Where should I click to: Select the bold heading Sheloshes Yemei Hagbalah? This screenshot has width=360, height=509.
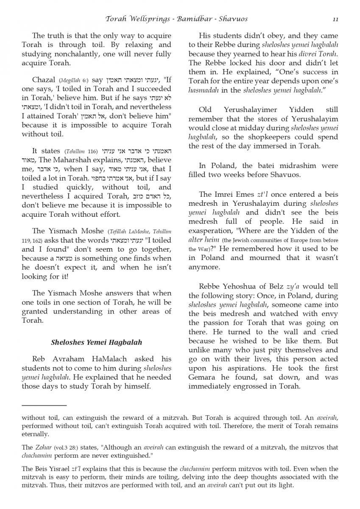click(96, 342)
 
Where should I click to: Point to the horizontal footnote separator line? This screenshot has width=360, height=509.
click(44, 406)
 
